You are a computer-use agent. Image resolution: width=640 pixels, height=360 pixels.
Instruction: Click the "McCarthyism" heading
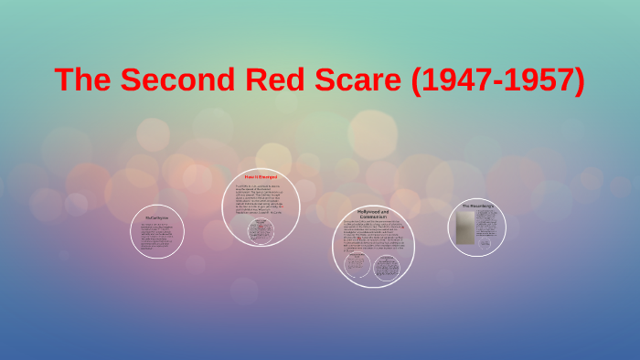point(158,218)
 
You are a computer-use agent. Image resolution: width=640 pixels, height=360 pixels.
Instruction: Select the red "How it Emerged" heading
point(261,175)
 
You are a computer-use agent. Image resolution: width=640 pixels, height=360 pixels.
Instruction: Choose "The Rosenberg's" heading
point(477,206)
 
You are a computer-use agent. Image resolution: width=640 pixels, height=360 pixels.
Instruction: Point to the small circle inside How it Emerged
point(261,231)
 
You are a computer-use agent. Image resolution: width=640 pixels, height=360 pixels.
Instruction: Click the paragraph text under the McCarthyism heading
point(158,235)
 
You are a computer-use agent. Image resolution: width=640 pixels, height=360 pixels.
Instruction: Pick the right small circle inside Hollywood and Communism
point(388,267)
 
